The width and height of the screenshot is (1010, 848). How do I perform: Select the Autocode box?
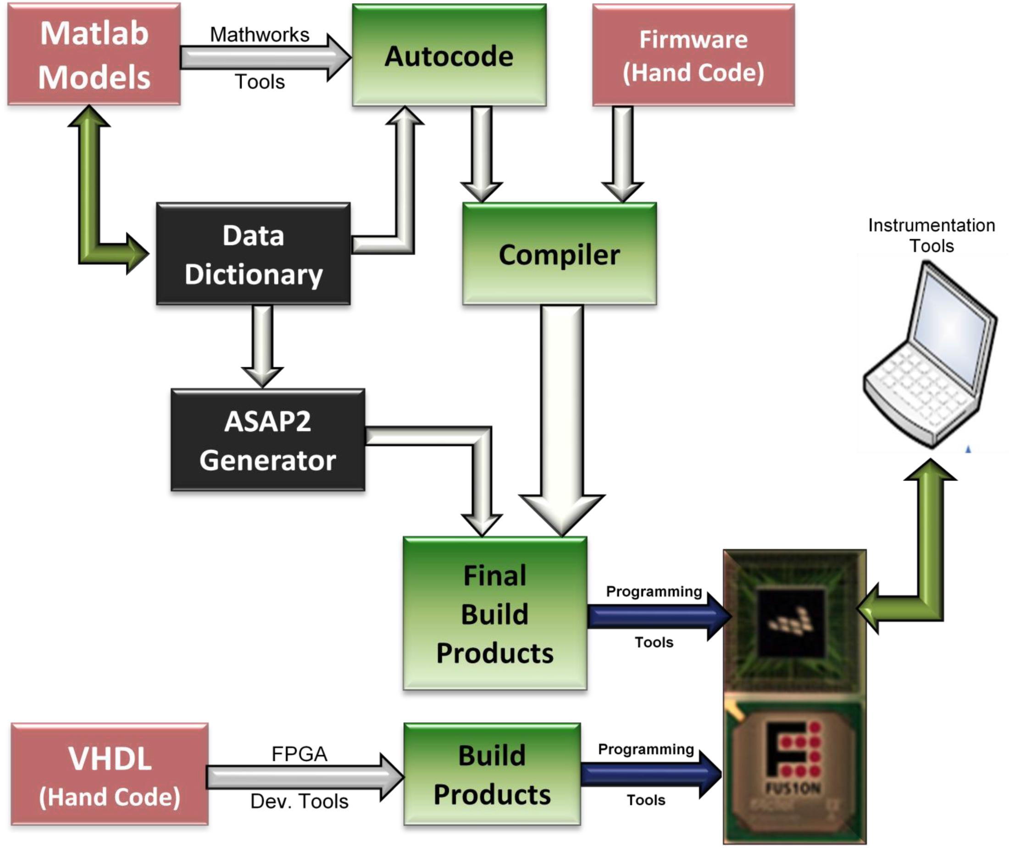(x=449, y=56)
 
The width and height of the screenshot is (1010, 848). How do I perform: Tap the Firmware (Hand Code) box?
(x=694, y=56)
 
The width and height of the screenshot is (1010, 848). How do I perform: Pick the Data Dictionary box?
(x=254, y=254)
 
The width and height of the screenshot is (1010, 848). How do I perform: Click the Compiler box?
(x=559, y=254)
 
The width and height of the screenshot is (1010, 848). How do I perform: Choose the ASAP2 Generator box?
(x=268, y=441)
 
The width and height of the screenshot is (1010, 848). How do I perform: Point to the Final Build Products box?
(x=495, y=614)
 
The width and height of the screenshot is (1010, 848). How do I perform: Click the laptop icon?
(x=931, y=356)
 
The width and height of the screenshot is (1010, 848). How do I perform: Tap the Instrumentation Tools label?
(x=932, y=235)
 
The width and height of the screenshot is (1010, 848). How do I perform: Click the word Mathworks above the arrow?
(x=260, y=35)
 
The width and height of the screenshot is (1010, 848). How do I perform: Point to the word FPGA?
(x=299, y=754)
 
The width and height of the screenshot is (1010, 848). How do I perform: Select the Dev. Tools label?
(x=299, y=802)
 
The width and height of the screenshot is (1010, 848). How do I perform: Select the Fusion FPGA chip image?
(x=794, y=770)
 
